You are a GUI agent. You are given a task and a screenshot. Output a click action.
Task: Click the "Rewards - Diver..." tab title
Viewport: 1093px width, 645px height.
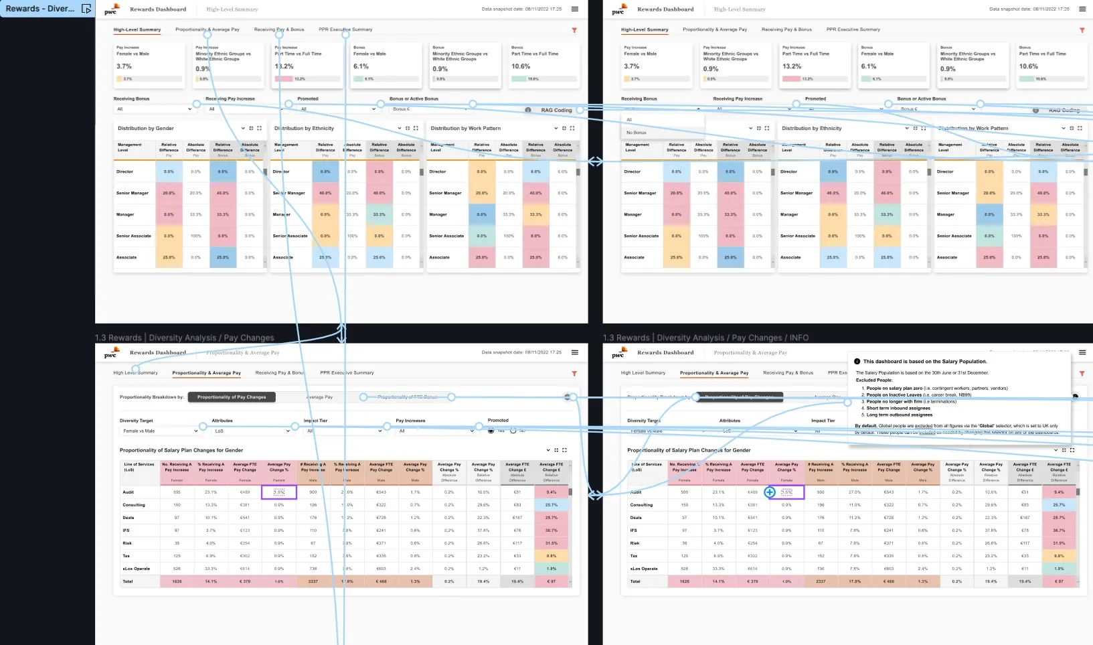pyautogui.click(x=39, y=9)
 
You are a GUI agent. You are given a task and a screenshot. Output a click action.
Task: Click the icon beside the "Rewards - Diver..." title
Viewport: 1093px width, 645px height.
pyautogui.click(x=86, y=9)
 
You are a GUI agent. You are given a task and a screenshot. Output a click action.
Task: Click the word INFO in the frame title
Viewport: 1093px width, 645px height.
pyautogui.click(x=798, y=338)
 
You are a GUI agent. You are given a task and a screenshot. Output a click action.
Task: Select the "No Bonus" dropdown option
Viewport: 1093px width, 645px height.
pyautogui.click(x=637, y=133)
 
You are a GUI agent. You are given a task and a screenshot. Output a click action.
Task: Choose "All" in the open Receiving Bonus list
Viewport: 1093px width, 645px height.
pyautogui.click(x=629, y=120)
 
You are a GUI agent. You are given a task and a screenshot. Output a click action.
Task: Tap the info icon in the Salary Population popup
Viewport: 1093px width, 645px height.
pyautogui.click(x=857, y=362)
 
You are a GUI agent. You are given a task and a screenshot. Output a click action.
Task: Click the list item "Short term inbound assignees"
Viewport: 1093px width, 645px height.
pyautogui.click(x=898, y=408)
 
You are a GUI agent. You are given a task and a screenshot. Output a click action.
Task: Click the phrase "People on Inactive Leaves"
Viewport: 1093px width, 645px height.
pyautogui.click(x=894, y=395)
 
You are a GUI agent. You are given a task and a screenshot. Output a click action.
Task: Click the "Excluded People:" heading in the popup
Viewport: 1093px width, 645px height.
pyautogui.click(x=874, y=380)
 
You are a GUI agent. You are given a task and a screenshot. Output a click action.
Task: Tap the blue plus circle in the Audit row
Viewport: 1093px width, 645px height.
pyautogui.click(x=770, y=492)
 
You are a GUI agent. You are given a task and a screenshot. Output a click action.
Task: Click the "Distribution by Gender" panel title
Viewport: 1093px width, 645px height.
pyautogui.click(x=146, y=128)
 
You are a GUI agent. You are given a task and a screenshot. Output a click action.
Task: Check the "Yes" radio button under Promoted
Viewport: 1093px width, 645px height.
pyautogui.click(x=491, y=431)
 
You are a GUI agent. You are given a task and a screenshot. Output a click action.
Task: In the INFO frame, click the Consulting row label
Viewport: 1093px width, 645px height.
pyautogui.click(x=641, y=505)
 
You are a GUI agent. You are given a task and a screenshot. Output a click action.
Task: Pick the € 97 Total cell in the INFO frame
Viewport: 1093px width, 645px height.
pyautogui.click(x=1058, y=581)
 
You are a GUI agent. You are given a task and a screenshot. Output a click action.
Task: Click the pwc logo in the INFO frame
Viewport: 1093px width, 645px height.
pyautogui.click(x=618, y=352)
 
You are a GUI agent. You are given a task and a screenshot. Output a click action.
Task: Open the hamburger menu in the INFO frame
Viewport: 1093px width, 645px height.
pyautogui.click(x=1082, y=352)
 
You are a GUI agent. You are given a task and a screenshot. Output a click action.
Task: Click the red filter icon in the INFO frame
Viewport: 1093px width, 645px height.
pyautogui.click(x=1082, y=374)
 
